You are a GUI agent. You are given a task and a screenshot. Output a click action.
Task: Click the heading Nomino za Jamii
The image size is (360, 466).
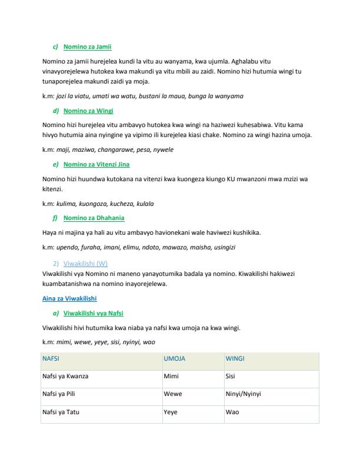coord(87,46)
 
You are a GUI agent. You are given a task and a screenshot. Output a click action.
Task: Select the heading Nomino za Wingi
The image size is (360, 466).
coord(88,111)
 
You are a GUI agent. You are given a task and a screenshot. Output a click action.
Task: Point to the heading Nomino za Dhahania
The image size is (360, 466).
coord(92,218)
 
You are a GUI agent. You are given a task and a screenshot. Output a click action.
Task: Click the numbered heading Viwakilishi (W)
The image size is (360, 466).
coord(85,263)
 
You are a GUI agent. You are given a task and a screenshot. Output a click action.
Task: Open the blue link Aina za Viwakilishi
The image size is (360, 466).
coord(69,298)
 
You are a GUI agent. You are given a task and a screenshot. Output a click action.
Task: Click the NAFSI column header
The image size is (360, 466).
coord(51,358)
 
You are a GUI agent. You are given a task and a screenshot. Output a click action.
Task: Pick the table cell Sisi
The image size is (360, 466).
coord(231,376)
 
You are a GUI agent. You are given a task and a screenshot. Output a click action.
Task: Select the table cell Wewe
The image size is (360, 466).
coord(172,394)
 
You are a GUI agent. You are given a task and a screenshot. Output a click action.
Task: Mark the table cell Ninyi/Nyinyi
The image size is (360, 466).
coord(243,394)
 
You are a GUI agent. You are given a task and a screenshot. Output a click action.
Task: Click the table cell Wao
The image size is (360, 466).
coord(231,412)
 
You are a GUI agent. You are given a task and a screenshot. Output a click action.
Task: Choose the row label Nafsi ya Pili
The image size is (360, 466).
coord(61,394)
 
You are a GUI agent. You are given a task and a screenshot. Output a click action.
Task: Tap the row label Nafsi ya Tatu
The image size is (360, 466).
coord(61,412)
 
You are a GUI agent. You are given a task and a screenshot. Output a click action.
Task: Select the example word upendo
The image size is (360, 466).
coord(67,247)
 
